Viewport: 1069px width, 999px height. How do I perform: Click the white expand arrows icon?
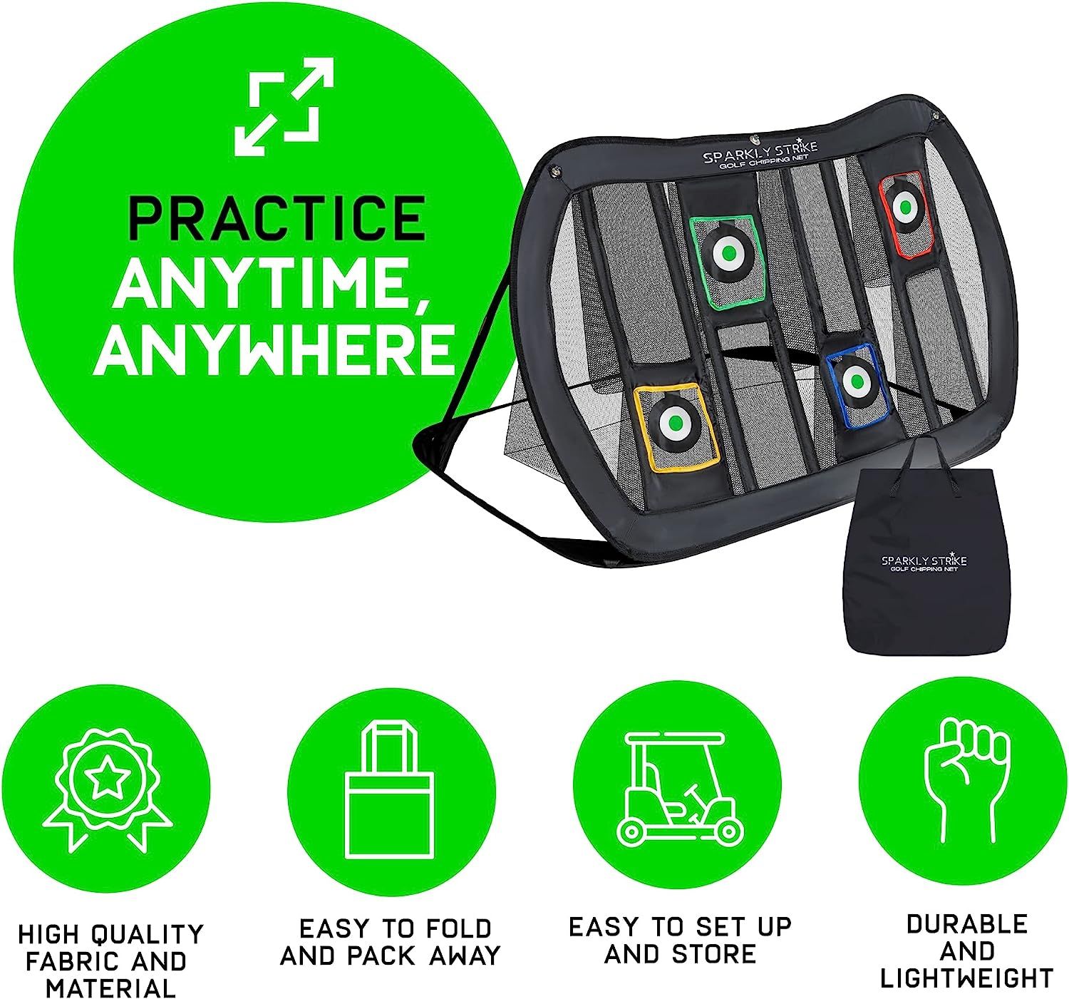(x=284, y=107)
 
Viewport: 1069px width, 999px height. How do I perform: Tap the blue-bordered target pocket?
(x=853, y=384)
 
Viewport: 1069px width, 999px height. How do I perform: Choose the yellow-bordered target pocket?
(x=672, y=426)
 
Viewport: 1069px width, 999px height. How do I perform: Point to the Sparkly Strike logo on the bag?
(x=923, y=563)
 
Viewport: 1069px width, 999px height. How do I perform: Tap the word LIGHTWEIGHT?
(x=966, y=978)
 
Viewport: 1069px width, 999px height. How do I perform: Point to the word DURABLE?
(x=966, y=924)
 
